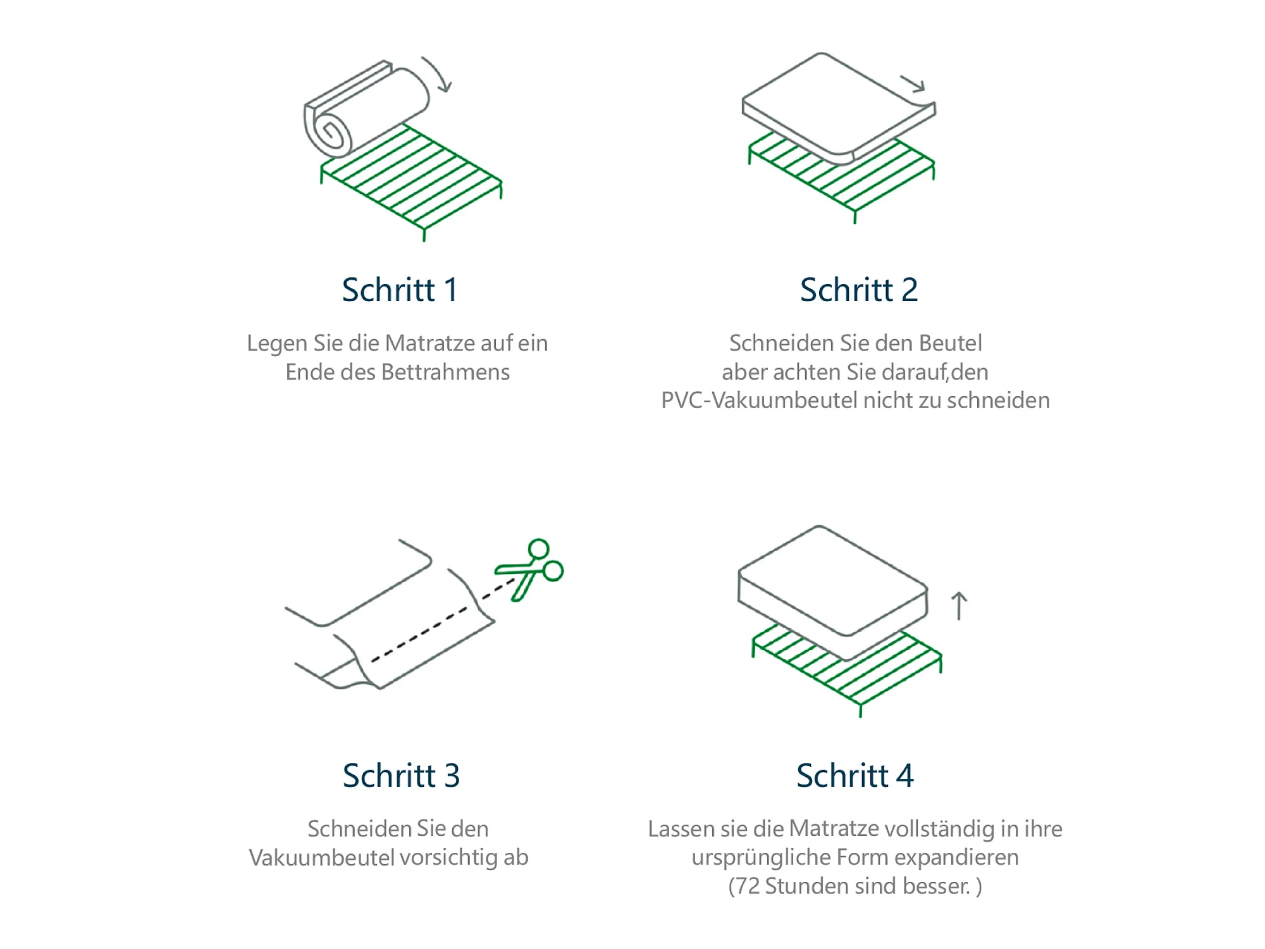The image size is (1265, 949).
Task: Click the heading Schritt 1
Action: (x=400, y=290)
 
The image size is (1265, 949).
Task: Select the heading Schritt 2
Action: (x=858, y=290)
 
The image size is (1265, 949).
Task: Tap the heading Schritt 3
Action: (x=401, y=776)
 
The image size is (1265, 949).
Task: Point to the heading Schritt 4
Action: (x=855, y=776)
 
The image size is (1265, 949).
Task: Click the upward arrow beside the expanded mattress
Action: (x=960, y=605)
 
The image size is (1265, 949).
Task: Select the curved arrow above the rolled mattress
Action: (x=438, y=73)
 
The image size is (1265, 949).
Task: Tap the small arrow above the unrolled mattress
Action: (x=913, y=83)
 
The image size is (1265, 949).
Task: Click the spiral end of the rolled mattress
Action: (x=331, y=133)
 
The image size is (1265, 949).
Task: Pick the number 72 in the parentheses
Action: (x=748, y=886)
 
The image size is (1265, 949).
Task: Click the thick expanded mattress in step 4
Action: (x=832, y=592)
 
